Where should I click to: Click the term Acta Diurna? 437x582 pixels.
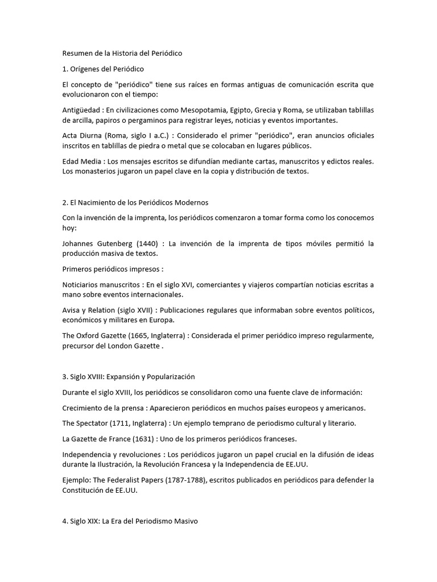[81, 136]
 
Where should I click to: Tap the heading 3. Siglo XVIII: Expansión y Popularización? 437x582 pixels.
[129, 376]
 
